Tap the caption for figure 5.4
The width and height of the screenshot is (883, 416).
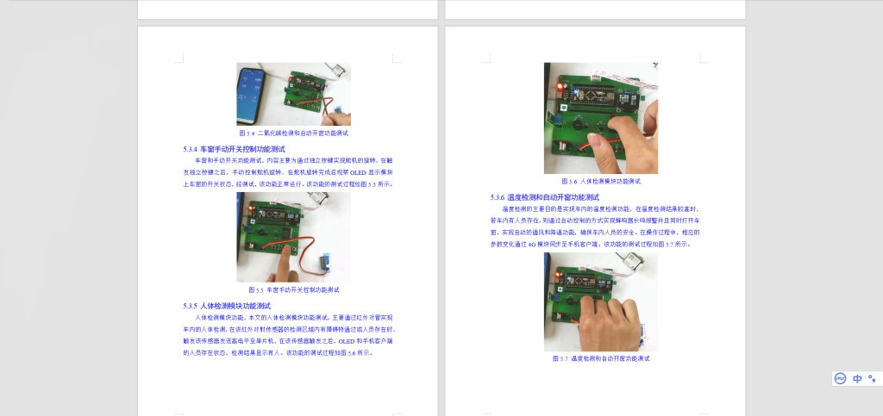coord(293,133)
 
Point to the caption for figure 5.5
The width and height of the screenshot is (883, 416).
coord(293,290)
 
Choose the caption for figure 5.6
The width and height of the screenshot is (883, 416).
coord(600,182)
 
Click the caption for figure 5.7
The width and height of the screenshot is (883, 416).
coord(600,358)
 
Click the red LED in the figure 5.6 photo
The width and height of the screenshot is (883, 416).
coord(561,87)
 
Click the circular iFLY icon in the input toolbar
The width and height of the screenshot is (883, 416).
coord(840,378)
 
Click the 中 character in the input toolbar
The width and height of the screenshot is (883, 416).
coord(857,378)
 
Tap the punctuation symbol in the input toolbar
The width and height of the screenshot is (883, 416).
coord(872,378)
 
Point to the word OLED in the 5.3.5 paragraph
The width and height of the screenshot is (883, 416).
coord(345,340)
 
